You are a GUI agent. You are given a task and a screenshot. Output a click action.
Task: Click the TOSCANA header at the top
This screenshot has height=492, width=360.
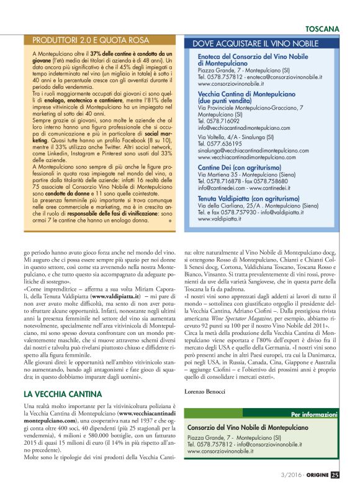coord(322,29)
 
